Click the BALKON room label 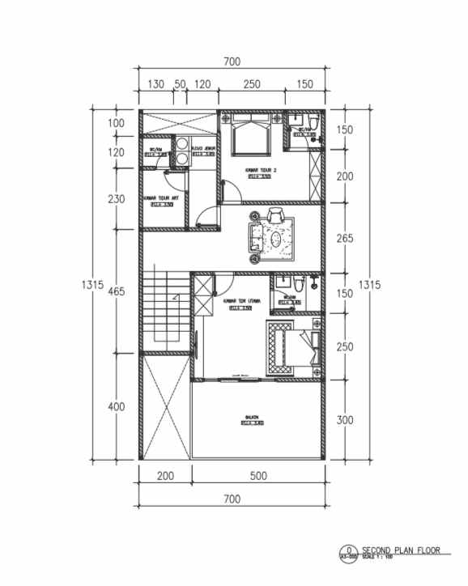(x=252, y=418)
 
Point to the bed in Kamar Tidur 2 (x=251, y=136)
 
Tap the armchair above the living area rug (x=276, y=215)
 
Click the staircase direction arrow (x=173, y=298)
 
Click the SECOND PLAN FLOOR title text (x=402, y=550)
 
